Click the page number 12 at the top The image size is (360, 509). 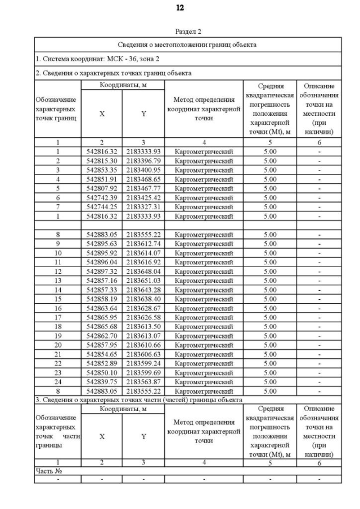[179, 8]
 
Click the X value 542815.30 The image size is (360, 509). [102, 160]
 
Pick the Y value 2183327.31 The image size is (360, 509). [143, 207]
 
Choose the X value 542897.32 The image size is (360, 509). [102, 271]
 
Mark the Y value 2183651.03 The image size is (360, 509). [143, 280]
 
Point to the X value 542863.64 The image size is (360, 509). [102, 308]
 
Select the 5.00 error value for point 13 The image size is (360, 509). [270, 280]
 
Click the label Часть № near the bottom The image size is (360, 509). [47, 471]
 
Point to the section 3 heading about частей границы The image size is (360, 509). [138, 400]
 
